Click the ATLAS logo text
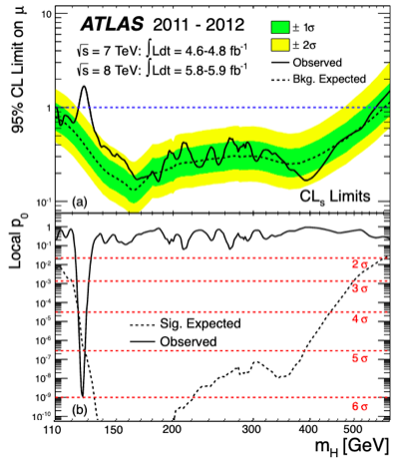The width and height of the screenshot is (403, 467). pos(112,25)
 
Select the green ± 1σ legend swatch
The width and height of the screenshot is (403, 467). pos(280,28)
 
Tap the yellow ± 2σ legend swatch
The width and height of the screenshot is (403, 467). pos(280,45)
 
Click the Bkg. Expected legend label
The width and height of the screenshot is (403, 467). pos(329,79)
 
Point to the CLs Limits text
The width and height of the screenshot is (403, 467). pos(335,197)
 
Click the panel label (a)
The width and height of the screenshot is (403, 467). pos(80,203)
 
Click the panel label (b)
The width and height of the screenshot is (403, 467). pos(80,410)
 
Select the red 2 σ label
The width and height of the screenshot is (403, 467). pos(360,264)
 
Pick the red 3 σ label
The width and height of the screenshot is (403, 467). pos(360,288)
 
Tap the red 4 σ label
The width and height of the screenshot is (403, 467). pos(360,319)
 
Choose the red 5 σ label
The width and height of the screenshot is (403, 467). pos(360,358)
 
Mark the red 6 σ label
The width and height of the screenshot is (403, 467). pos(360,406)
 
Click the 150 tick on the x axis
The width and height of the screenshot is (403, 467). pos(114,430)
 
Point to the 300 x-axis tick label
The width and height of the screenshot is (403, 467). pos(251,430)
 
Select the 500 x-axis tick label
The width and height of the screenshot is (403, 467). pos(352,430)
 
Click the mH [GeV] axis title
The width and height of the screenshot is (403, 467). pos(352,447)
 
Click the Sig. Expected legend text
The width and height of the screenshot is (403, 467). pos(201,323)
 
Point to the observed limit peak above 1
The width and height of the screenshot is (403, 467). pos(84,86)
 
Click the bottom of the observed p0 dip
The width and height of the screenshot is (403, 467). pos(83,396)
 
